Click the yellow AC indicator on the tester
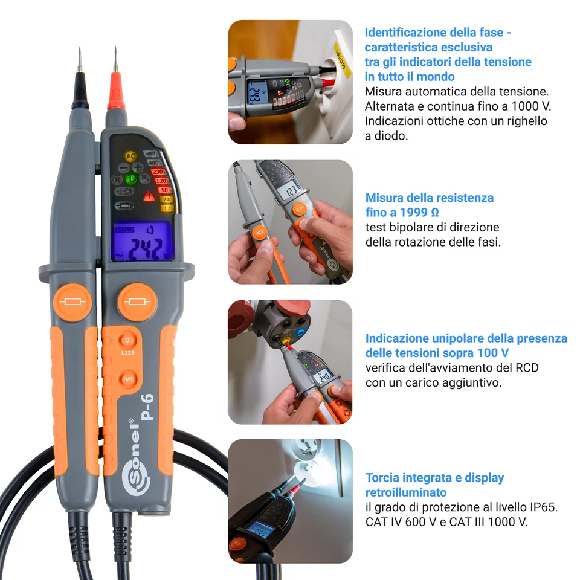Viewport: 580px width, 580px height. click(130, 156)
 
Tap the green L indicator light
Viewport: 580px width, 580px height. click(131, 179)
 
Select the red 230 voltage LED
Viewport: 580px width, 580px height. click(159, 172)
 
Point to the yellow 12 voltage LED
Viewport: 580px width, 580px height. click(166, 208)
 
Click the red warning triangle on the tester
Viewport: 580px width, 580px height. click(148, 196)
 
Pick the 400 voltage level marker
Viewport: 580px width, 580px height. click(153, 163)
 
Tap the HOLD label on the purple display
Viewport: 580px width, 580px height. click(125, 230)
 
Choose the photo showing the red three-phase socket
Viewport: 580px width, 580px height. click(289, 362)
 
